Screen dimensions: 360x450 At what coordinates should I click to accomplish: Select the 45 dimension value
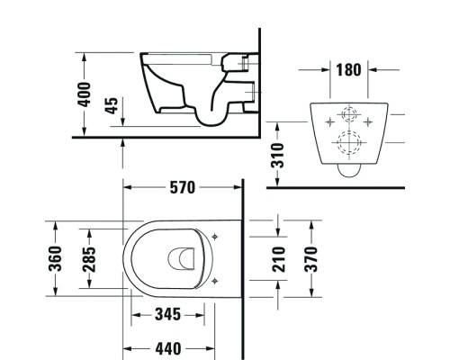112,106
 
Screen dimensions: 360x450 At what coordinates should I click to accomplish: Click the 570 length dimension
183,189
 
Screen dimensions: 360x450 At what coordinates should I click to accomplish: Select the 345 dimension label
167,315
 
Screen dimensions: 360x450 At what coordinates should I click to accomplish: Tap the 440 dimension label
167,348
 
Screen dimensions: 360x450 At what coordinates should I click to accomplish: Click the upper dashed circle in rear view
348,117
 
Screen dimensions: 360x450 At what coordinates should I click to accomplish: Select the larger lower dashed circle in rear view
348,141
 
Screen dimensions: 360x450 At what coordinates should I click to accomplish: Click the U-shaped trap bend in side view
213,112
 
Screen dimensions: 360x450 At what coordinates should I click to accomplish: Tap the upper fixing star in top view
213,236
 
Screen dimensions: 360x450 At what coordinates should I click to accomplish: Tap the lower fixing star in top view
213,282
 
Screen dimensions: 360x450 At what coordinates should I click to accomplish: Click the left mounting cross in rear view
328,117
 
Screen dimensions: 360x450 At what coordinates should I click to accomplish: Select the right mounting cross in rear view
369,117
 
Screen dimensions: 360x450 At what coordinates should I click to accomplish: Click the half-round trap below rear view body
348,167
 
